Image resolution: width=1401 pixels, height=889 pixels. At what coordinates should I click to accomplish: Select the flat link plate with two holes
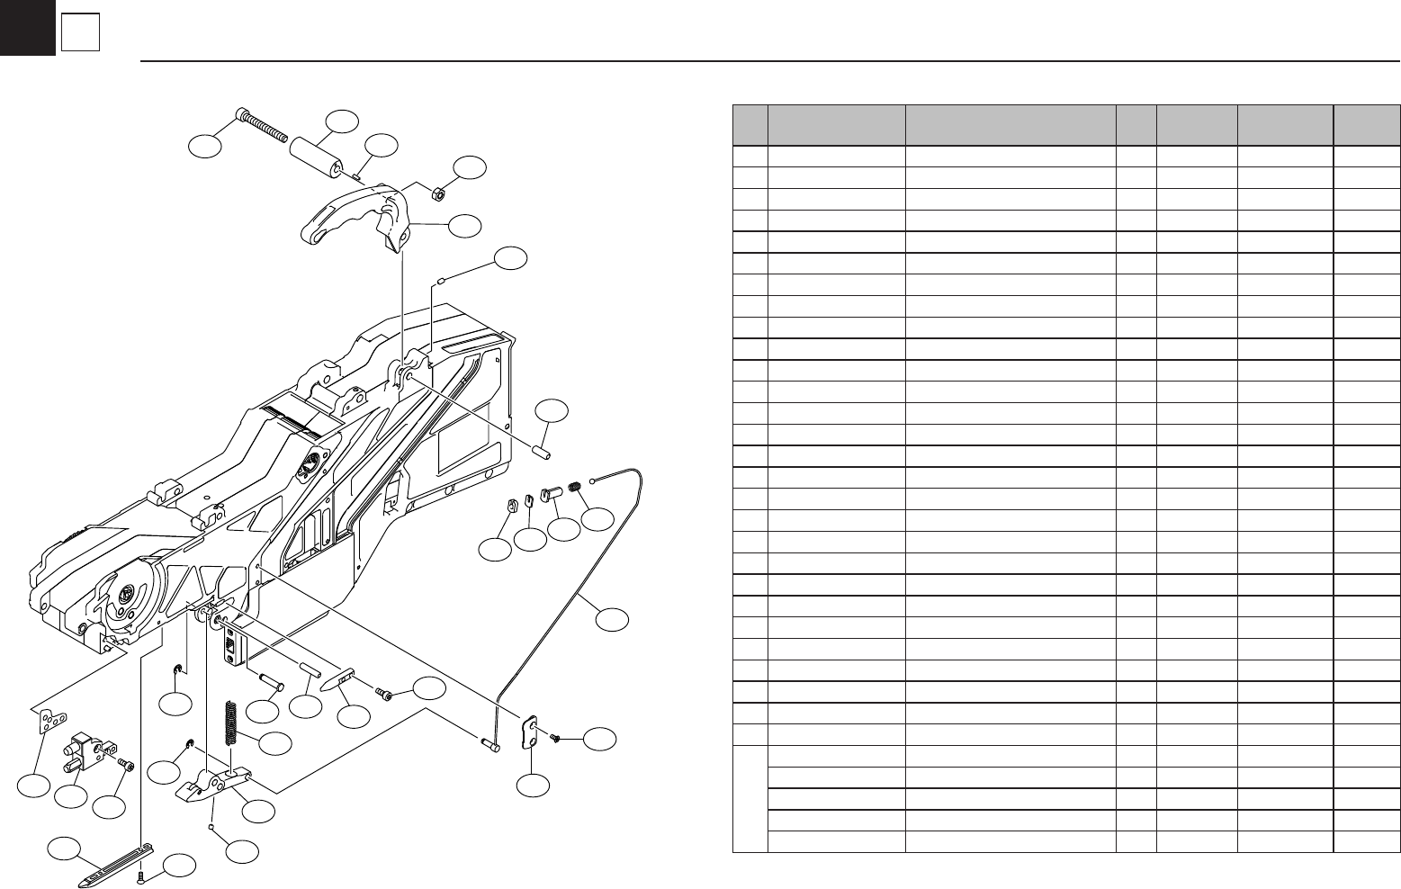coord(531,730)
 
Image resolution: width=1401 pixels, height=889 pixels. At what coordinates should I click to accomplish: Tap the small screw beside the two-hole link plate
coord(555,738)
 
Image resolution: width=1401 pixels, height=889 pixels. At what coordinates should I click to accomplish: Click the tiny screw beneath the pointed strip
coord(141,876)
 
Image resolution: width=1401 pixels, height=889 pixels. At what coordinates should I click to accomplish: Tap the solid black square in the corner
coord(27,27)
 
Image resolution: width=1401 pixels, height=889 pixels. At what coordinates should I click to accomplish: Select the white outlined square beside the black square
coord(80,34)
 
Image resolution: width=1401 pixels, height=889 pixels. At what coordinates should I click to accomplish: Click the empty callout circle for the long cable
coord(612,619)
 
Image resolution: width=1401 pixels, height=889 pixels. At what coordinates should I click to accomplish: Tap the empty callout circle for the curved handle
coord(465,226)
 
